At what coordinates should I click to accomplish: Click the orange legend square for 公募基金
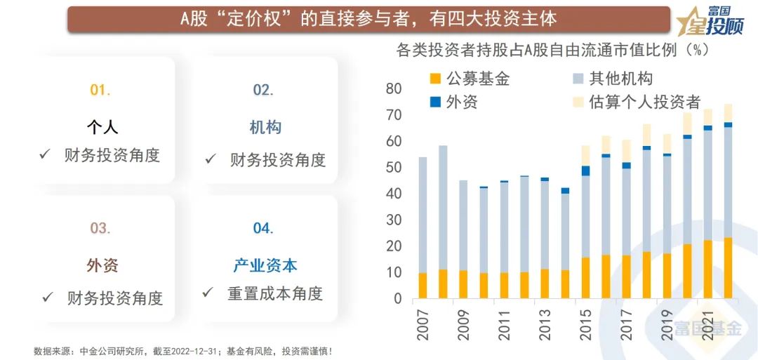click(435, 79)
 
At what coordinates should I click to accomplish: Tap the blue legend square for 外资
click(435, 102)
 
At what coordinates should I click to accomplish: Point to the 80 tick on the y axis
click(393, 88)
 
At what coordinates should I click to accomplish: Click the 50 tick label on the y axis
click(393, 168)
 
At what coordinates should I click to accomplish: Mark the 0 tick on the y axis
click(398, 299)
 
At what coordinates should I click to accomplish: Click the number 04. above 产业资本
click(263, 228)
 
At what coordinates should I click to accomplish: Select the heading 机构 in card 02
click(265, 127)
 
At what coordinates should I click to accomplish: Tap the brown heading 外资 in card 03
click(102, 265)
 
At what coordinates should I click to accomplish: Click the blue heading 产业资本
click(265, 265)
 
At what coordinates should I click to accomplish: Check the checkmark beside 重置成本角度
click(207, 292)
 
